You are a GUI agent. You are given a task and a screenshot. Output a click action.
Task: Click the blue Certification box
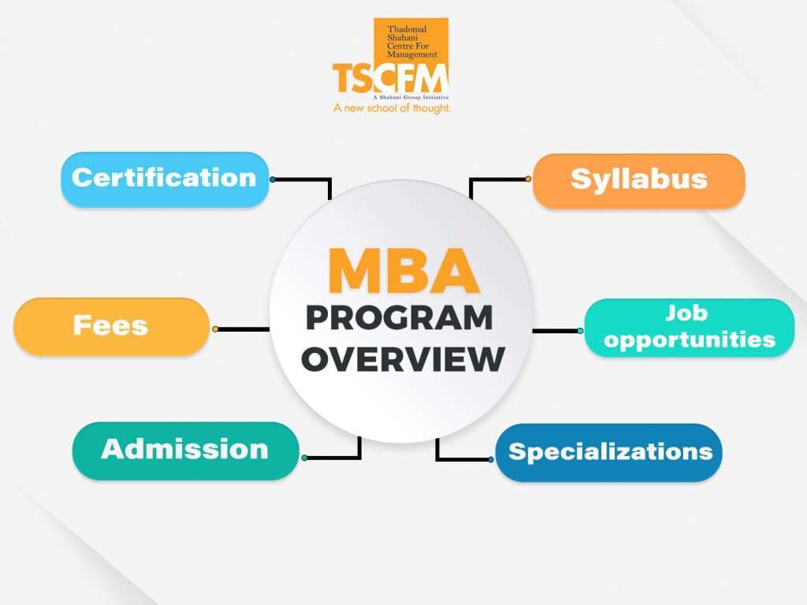pyautogui.click(x=165, y=179)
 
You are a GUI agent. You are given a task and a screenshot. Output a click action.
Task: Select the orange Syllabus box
pyautogui.click(x=638, y=180)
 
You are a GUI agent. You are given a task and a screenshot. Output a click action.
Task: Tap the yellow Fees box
pyautogui.click(x=111, y=326)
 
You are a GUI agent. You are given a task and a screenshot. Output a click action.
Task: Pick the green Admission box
pyautogui.click(x=185, y=451)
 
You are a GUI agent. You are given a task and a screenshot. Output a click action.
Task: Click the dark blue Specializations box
pyautogui.click(x=608, y=452)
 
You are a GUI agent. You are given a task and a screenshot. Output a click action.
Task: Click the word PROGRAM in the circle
pyautogui.click(x=399, y=318)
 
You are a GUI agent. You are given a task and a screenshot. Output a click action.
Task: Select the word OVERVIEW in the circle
pyautogui.click(x=403, y=359)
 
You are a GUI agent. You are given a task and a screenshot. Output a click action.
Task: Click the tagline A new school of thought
pyautogui.click(x=392, y=108)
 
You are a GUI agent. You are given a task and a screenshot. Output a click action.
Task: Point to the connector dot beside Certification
pyautogui.click(x=273, y=180)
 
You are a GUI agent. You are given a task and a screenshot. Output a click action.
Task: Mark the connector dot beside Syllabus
pyautogui.click(x=528, y=179)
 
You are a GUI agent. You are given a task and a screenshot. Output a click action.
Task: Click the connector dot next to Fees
pyautogui.click(x=215, y=328)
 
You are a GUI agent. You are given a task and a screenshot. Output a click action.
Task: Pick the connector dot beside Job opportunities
pyautogui.click(x=580, y=331)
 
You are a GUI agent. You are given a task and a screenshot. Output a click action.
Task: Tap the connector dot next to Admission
pyautogui.click(x=304, y=458)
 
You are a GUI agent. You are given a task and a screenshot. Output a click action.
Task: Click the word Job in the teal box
pyautogui.click(x=686, y=314)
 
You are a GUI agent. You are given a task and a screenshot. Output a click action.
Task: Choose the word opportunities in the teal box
pyautogui.click(x=690, y=340)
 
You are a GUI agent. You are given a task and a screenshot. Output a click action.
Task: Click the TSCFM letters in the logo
pyautogui.click(x=390, y=79)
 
